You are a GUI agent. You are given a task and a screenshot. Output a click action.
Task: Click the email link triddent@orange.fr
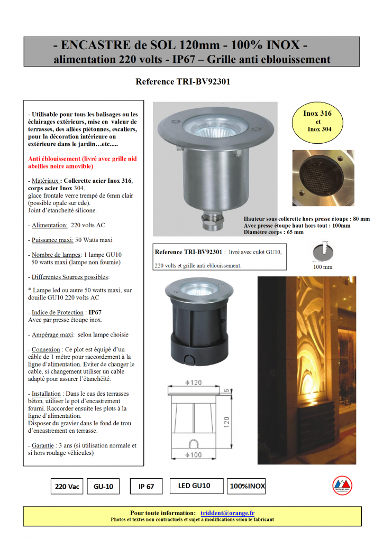click(x=227, y=513)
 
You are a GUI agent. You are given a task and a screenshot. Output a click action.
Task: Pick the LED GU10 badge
click(x=194, y=486)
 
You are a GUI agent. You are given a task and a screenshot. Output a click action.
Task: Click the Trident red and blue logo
click(x=342, y=484)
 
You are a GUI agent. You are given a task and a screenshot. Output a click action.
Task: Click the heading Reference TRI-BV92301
click(x=183, y=82)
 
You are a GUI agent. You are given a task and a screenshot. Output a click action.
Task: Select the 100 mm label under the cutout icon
click(x=323, y=267)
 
